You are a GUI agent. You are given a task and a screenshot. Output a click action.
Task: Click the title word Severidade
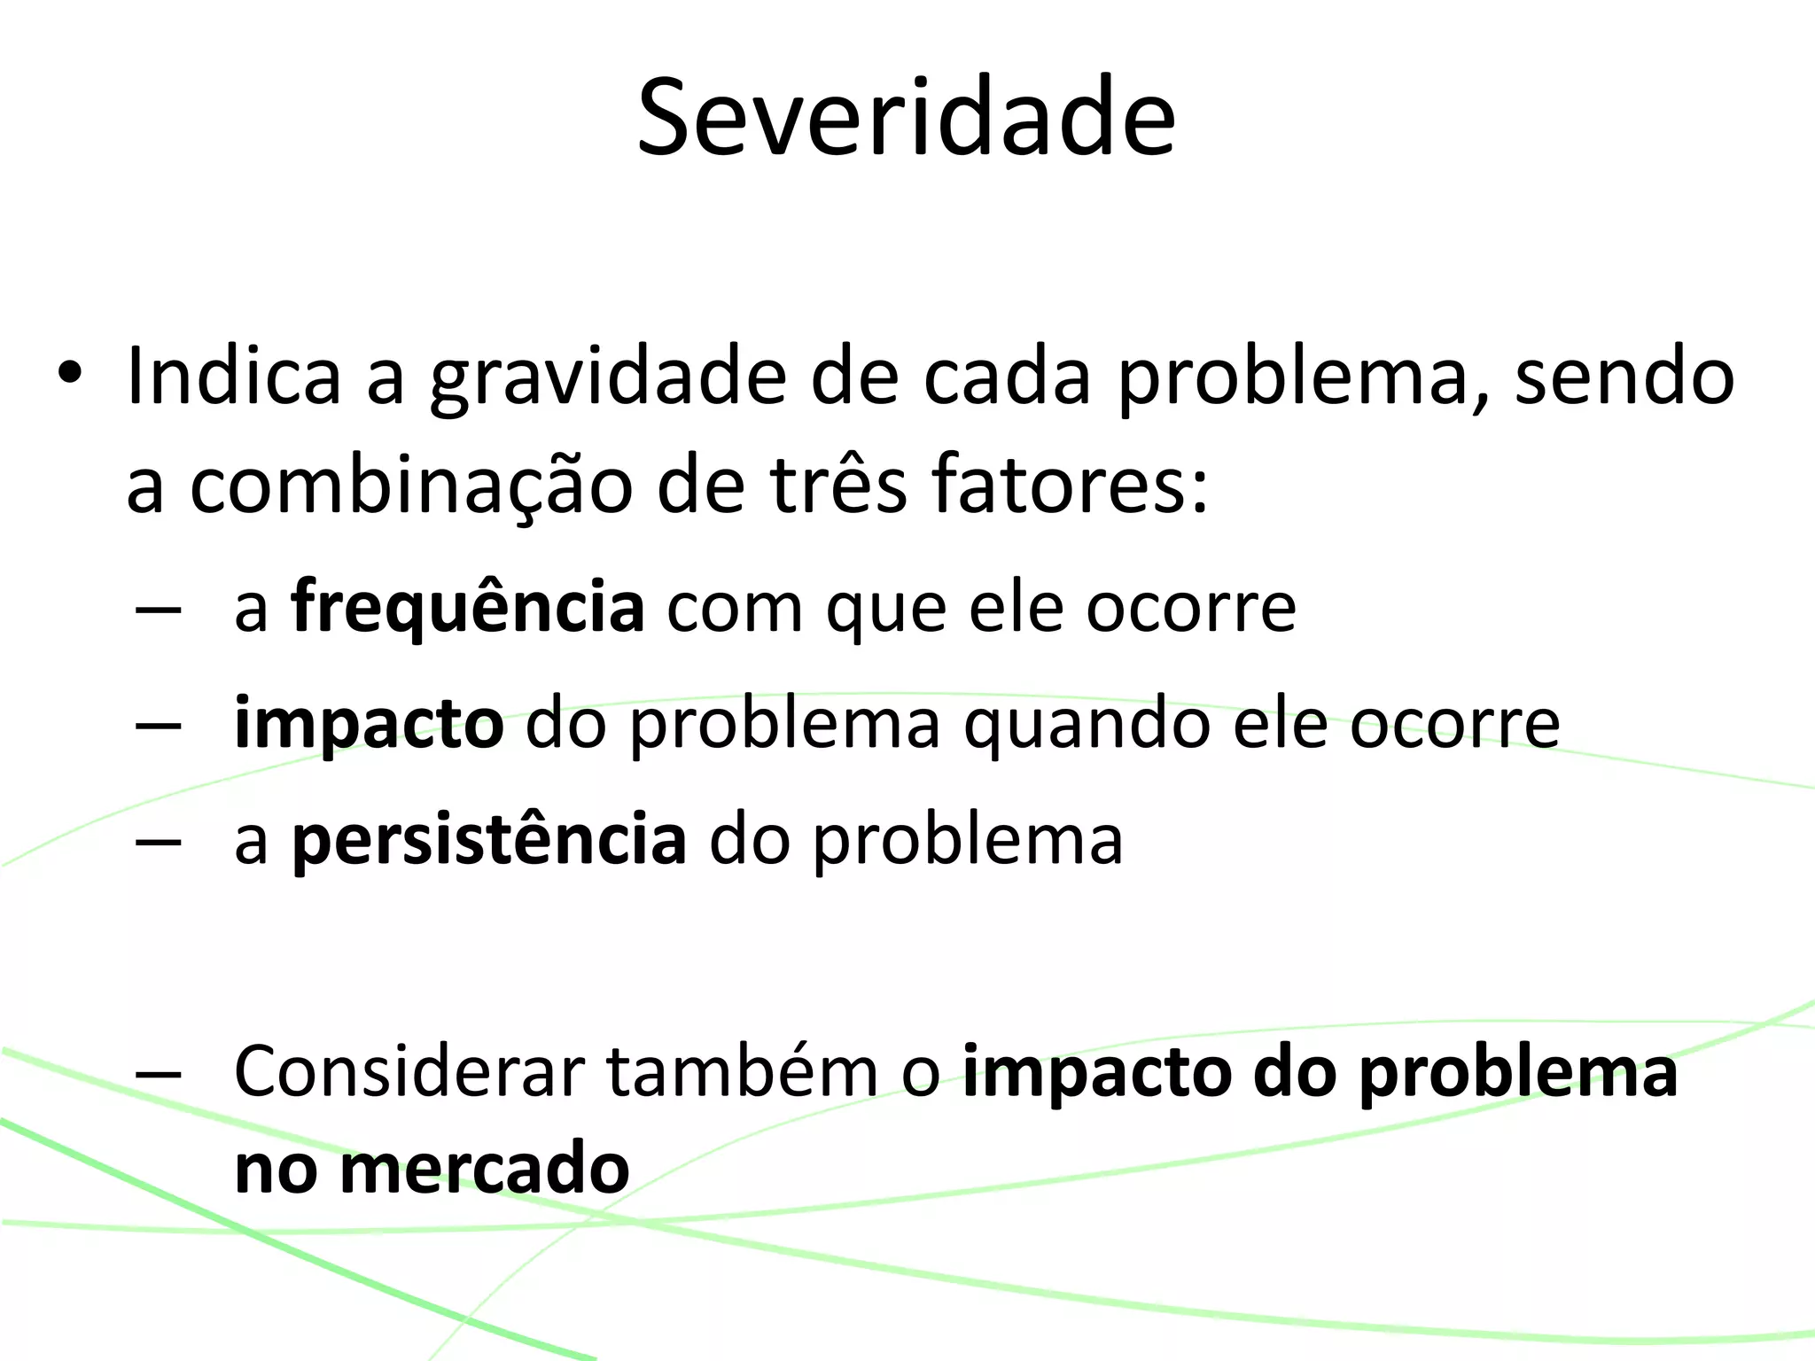pyautogui.click(x=907, y=118)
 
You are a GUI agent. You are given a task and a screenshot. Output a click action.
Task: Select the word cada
pyautogui.click(x=1007, y=376)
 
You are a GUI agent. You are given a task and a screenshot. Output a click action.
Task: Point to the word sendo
pyautogui.click(x=1624, y=376)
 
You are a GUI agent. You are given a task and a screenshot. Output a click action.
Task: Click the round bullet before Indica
pyautogui.click(x=69, y=376)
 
